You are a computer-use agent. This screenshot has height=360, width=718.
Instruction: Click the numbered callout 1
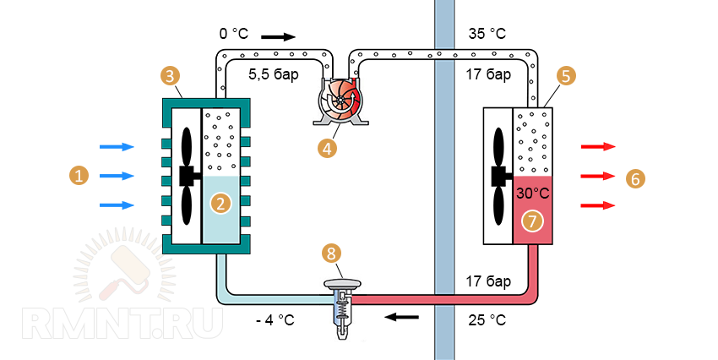78,176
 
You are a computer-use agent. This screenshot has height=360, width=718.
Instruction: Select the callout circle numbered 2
220,203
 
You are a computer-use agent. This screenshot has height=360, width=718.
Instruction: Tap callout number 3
171,76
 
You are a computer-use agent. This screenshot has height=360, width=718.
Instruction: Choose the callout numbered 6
636,178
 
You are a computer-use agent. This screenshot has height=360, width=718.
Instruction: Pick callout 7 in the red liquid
531,221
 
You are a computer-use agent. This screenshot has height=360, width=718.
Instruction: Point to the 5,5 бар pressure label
273,74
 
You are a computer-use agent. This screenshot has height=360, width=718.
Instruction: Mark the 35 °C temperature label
487,35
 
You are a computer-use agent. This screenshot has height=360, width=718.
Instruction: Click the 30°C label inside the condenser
533,194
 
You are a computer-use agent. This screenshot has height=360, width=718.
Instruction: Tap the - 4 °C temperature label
275,320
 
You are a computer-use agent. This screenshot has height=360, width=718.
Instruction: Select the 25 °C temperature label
487,320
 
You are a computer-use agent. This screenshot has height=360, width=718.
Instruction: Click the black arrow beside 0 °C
279,36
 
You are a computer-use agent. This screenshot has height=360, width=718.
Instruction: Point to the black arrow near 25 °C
401,318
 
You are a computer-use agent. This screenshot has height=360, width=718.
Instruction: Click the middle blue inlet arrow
117,176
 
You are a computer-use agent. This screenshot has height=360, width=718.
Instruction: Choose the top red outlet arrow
597,147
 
